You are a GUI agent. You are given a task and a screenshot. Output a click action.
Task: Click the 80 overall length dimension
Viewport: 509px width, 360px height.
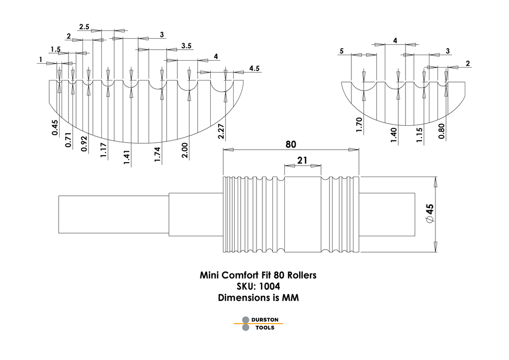coord(291,145)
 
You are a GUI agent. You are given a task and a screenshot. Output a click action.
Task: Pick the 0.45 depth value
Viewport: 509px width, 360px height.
coord(55,128)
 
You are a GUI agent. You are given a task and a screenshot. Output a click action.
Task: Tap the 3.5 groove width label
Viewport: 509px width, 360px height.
coord(186,46)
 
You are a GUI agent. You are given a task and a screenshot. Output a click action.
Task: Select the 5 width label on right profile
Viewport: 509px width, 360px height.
coord(342,51)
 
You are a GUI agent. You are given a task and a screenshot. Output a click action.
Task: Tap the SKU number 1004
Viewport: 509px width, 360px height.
coord(269,287)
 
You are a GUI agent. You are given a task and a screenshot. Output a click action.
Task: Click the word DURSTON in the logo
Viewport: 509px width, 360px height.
coord(265,320)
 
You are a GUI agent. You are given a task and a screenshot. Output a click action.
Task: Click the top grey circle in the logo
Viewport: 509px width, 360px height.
coord(245,320)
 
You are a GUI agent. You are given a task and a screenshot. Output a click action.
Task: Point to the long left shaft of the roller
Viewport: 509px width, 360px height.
coord(113,214)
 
